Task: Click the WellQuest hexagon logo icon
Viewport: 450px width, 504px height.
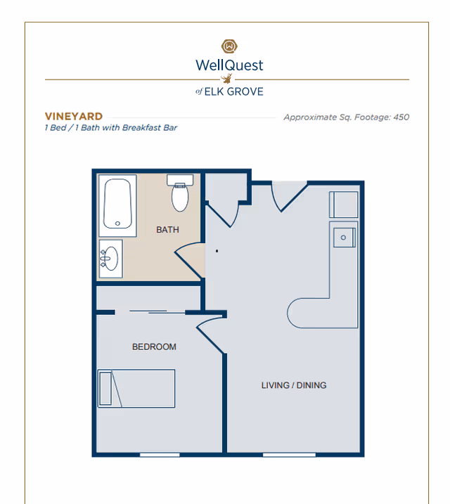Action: (x=229, y=46)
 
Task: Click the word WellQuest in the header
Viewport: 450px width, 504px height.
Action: (x=229, y=65)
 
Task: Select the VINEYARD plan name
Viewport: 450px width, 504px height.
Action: (x=74, y=117)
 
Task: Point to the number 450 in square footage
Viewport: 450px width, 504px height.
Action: (x=401, y=117)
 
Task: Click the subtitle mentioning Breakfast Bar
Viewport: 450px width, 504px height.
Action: (x=110, y=128)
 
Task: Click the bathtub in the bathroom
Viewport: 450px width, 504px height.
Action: (x=118, y=205)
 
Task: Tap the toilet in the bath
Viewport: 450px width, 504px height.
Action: (x=181, y=195)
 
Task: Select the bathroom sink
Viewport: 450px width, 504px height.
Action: (x=110, y=259)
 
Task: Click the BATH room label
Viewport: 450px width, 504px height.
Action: (x=167, y=230)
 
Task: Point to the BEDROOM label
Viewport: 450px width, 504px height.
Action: (x=154, y=347)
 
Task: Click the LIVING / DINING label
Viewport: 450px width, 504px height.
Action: (x=294, y=385)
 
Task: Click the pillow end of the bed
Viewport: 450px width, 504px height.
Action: (x=105, y=389)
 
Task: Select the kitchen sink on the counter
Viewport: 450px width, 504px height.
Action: (x=344, y=237)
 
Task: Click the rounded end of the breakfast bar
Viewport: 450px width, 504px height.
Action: (x=298, y=313)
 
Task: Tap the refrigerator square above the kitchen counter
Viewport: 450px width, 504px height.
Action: (x=344, y=205)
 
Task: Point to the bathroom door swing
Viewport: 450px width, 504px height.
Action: (x=188, y=259)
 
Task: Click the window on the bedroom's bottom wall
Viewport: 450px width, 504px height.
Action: (x=159, y=455)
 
